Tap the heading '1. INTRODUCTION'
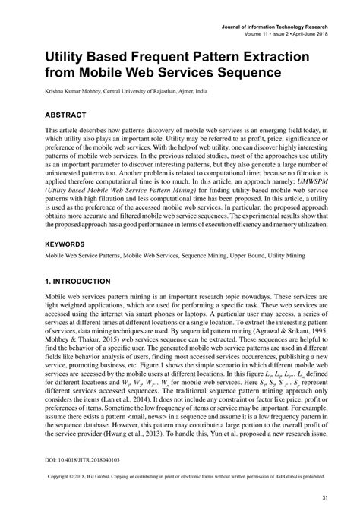pos(70,280)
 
